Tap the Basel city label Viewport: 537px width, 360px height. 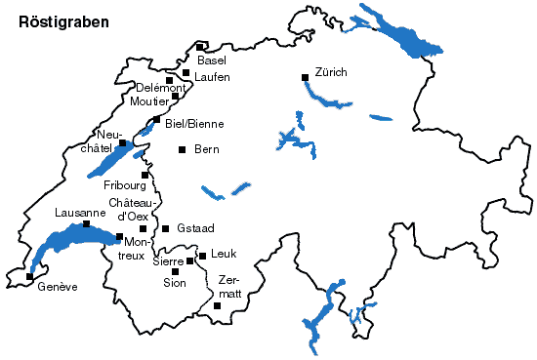211,60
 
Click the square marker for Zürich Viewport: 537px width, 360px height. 305,75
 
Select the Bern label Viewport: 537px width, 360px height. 206,149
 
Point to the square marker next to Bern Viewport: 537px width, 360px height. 182,149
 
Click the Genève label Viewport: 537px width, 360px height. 57,287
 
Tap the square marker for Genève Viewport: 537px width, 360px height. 29,276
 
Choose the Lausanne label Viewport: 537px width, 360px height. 80,213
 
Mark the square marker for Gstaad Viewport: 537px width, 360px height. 166,228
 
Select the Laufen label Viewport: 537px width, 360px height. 212,76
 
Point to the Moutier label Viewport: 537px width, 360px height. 148,101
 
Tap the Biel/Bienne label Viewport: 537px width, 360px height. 194,124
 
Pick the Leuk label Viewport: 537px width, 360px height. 224,255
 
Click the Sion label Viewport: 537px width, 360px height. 174,283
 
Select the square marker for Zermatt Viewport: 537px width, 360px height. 217,305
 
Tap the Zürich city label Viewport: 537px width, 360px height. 331,73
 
